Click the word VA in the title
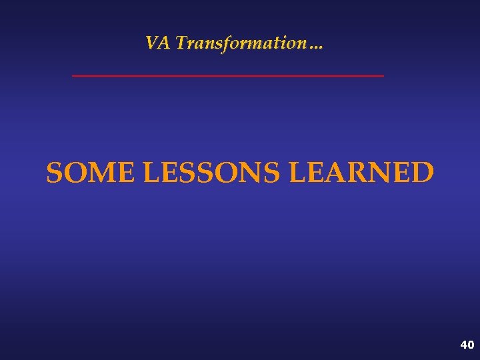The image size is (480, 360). coord(158,43)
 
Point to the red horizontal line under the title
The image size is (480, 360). coord(228,76)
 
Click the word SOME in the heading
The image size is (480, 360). coord(91,173)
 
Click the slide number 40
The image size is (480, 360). coord(467,345)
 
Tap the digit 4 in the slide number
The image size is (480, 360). coord(463,345)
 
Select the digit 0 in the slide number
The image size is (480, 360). coord(471,345)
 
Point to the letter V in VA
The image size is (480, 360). coord(153,43)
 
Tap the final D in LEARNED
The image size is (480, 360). coord(423,173)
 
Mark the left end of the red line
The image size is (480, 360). coord(73,76)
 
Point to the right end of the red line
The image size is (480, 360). coord(383,76)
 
